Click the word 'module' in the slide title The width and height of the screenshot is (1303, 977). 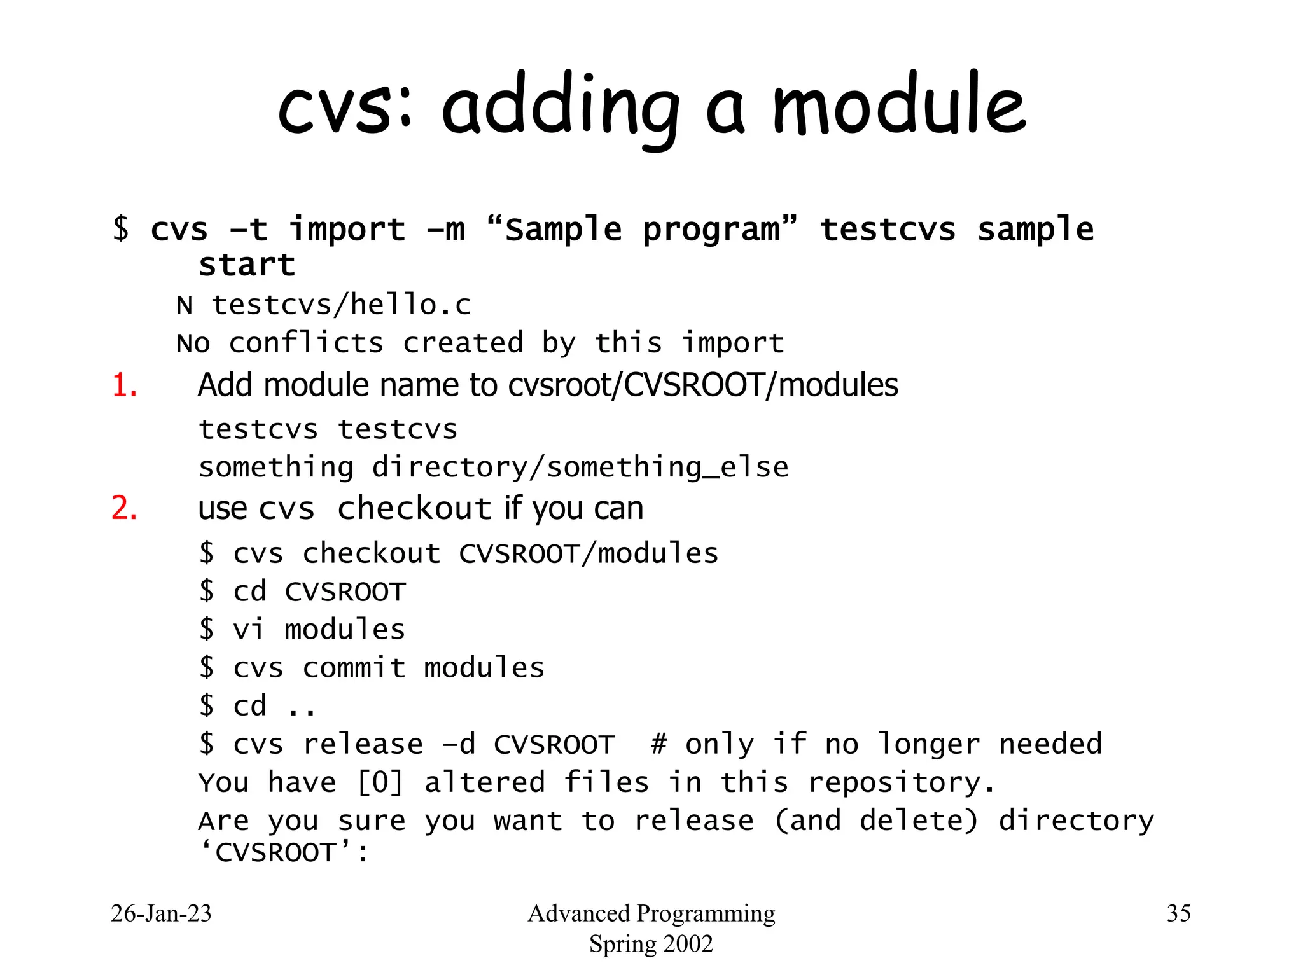pos(898,105)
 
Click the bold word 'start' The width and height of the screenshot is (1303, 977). pos(247,265)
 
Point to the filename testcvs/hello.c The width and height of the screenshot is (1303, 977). pos(341,305)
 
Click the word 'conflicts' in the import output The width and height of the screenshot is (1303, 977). pos(306,343)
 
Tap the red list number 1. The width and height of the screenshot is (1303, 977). pos(124,385)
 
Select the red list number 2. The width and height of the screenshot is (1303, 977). pos(124,508)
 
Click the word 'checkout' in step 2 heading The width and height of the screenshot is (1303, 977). pos(414,508)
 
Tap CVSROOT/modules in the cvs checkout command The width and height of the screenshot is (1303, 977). pos(589,554)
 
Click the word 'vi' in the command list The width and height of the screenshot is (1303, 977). pos(248,630)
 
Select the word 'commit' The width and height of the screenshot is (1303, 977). pos(354,668)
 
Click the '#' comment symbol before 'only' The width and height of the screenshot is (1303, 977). pos(658,744)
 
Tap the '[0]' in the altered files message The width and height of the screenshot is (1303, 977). pos(380,782)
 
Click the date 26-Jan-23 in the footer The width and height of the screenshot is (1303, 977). pos(161,913)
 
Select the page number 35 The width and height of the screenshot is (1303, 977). pos(1178,913)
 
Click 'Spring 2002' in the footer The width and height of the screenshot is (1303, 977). pos(651,944)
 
